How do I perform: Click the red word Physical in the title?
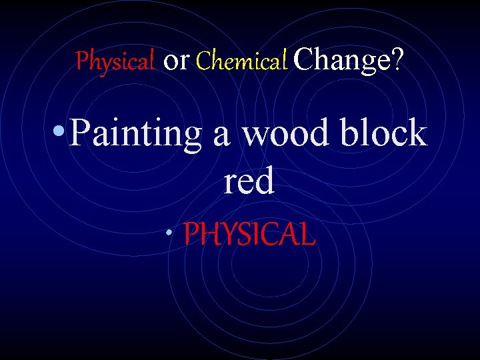115,61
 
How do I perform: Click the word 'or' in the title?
177,61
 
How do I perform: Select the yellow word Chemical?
242,61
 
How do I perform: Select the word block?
383,133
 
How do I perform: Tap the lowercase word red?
249,182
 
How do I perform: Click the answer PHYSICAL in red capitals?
249,235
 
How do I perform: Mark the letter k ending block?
417,133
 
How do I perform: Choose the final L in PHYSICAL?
307,235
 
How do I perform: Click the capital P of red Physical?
82,61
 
